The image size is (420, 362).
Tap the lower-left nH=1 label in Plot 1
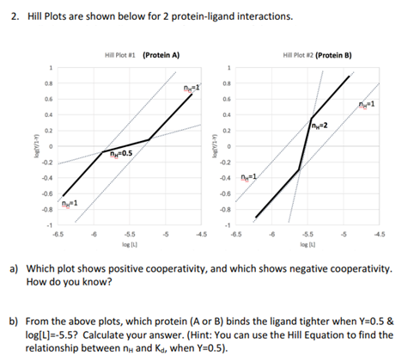(x=69, y=203)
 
